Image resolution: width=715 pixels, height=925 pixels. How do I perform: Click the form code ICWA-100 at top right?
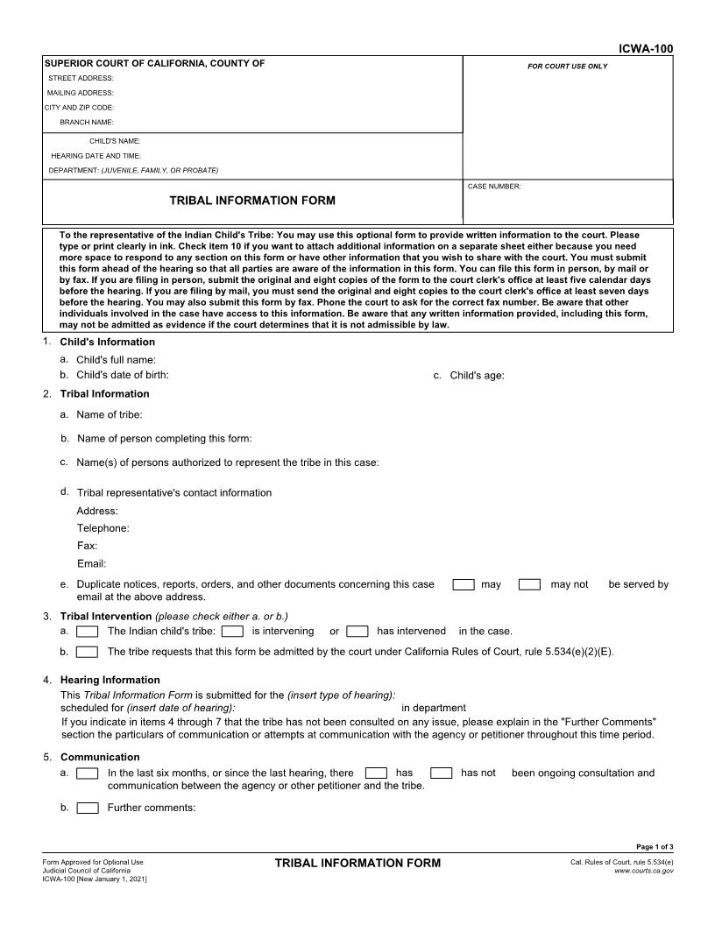(646, 49)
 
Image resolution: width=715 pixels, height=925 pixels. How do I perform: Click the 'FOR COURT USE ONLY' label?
(567, 67)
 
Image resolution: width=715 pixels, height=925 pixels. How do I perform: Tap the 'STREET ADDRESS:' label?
(81, 78)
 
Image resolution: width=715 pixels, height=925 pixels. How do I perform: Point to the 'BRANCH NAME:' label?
(87, 122)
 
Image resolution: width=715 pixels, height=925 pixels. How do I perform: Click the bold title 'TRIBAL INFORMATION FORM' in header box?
(252, 201)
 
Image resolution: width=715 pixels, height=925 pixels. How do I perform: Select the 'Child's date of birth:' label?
(123, 375)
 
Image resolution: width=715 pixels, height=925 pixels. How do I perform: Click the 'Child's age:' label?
(477, 376)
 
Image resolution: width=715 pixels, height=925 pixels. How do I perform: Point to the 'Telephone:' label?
(103, 528)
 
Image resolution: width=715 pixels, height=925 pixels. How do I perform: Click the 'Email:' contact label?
(92, 564)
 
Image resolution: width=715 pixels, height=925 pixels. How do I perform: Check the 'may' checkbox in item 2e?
(464, 584)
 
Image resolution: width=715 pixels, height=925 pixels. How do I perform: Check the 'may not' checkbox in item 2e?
(529, 584)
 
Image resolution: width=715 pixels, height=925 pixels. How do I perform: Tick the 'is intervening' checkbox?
(232, 631)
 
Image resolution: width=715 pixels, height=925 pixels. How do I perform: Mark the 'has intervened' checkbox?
(357, 631)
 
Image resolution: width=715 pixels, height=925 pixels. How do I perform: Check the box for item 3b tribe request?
(87, 652)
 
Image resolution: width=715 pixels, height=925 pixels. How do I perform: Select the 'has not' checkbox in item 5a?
(442, 773)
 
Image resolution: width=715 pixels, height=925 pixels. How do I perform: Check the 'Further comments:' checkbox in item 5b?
(87, 808)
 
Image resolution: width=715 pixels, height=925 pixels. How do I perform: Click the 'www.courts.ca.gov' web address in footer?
(644, 871)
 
